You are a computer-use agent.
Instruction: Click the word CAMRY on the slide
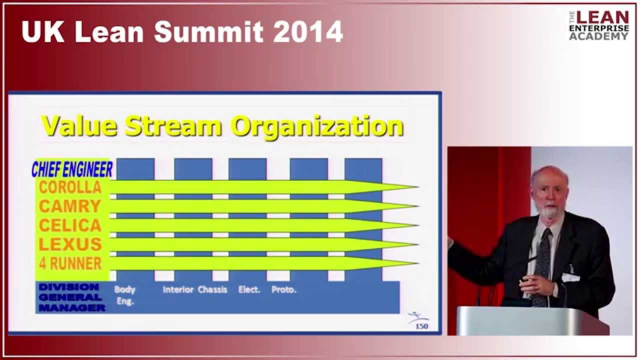coord(70,206)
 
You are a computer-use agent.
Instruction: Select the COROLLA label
coord(70,187)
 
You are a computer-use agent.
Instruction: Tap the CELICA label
coord(70,225)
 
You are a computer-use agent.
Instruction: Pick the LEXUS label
coord(70,244)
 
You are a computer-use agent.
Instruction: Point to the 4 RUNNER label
coord(70,263)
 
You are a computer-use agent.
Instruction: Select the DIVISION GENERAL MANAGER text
coord(70,297)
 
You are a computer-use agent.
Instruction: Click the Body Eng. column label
coord(124,295)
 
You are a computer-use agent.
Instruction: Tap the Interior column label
coord(178,289)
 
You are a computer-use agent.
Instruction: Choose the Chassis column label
coord(212,289)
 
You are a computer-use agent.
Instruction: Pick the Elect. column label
coord(249,289)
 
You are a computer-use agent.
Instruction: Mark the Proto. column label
coord(283,289)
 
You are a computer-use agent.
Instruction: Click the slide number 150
coord(422,326)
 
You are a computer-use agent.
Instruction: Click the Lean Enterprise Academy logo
coord(598,25)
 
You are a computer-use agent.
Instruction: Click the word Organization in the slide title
coord(316,126)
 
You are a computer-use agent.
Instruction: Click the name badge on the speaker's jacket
coord(570,277)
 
